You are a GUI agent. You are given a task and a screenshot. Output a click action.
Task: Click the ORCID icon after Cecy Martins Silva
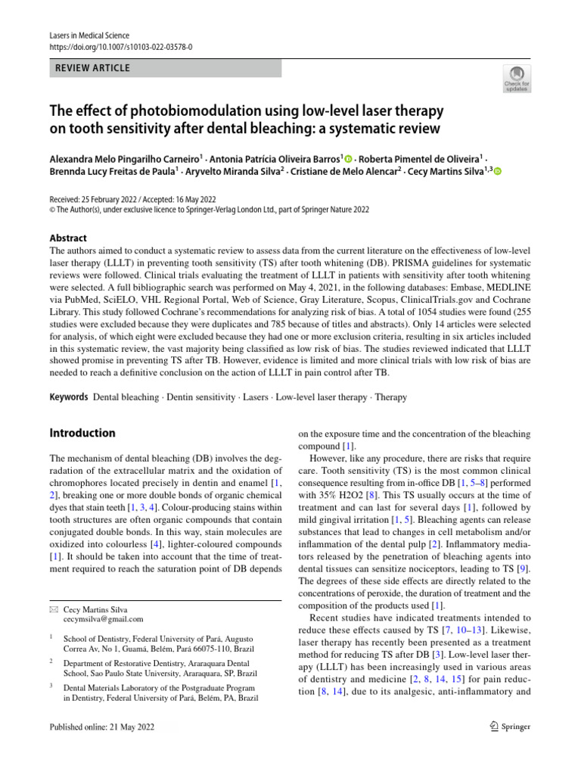click(x=498, y=173)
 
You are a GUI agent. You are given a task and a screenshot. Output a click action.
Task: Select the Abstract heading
click(x=68, y=238)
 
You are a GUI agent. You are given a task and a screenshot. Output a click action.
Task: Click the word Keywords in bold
click(x=68, y=397)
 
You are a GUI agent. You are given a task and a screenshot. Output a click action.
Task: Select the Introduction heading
click(x=82, y=434)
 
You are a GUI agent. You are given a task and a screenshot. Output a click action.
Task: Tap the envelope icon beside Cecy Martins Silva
click(x=53, y=608)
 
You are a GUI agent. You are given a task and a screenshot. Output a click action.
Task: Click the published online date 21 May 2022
click(x=134, y=727)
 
